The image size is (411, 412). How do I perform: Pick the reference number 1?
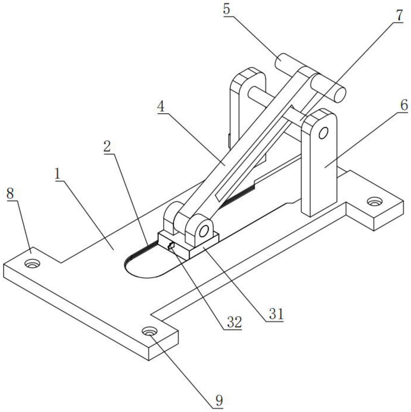[57, 174]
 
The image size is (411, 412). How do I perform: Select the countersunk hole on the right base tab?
[374, 201]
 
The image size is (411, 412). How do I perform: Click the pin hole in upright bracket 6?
[323, 133]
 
